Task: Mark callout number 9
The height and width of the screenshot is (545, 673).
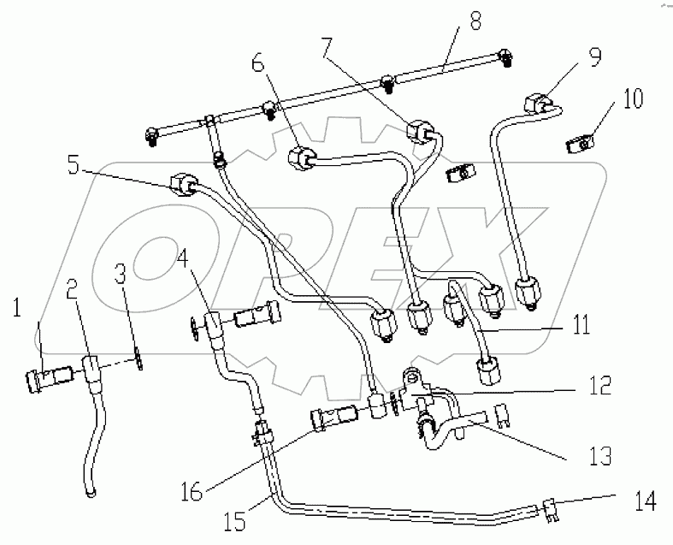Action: coord(593,59)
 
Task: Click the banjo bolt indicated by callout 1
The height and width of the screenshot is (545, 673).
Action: coord(51,376)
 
